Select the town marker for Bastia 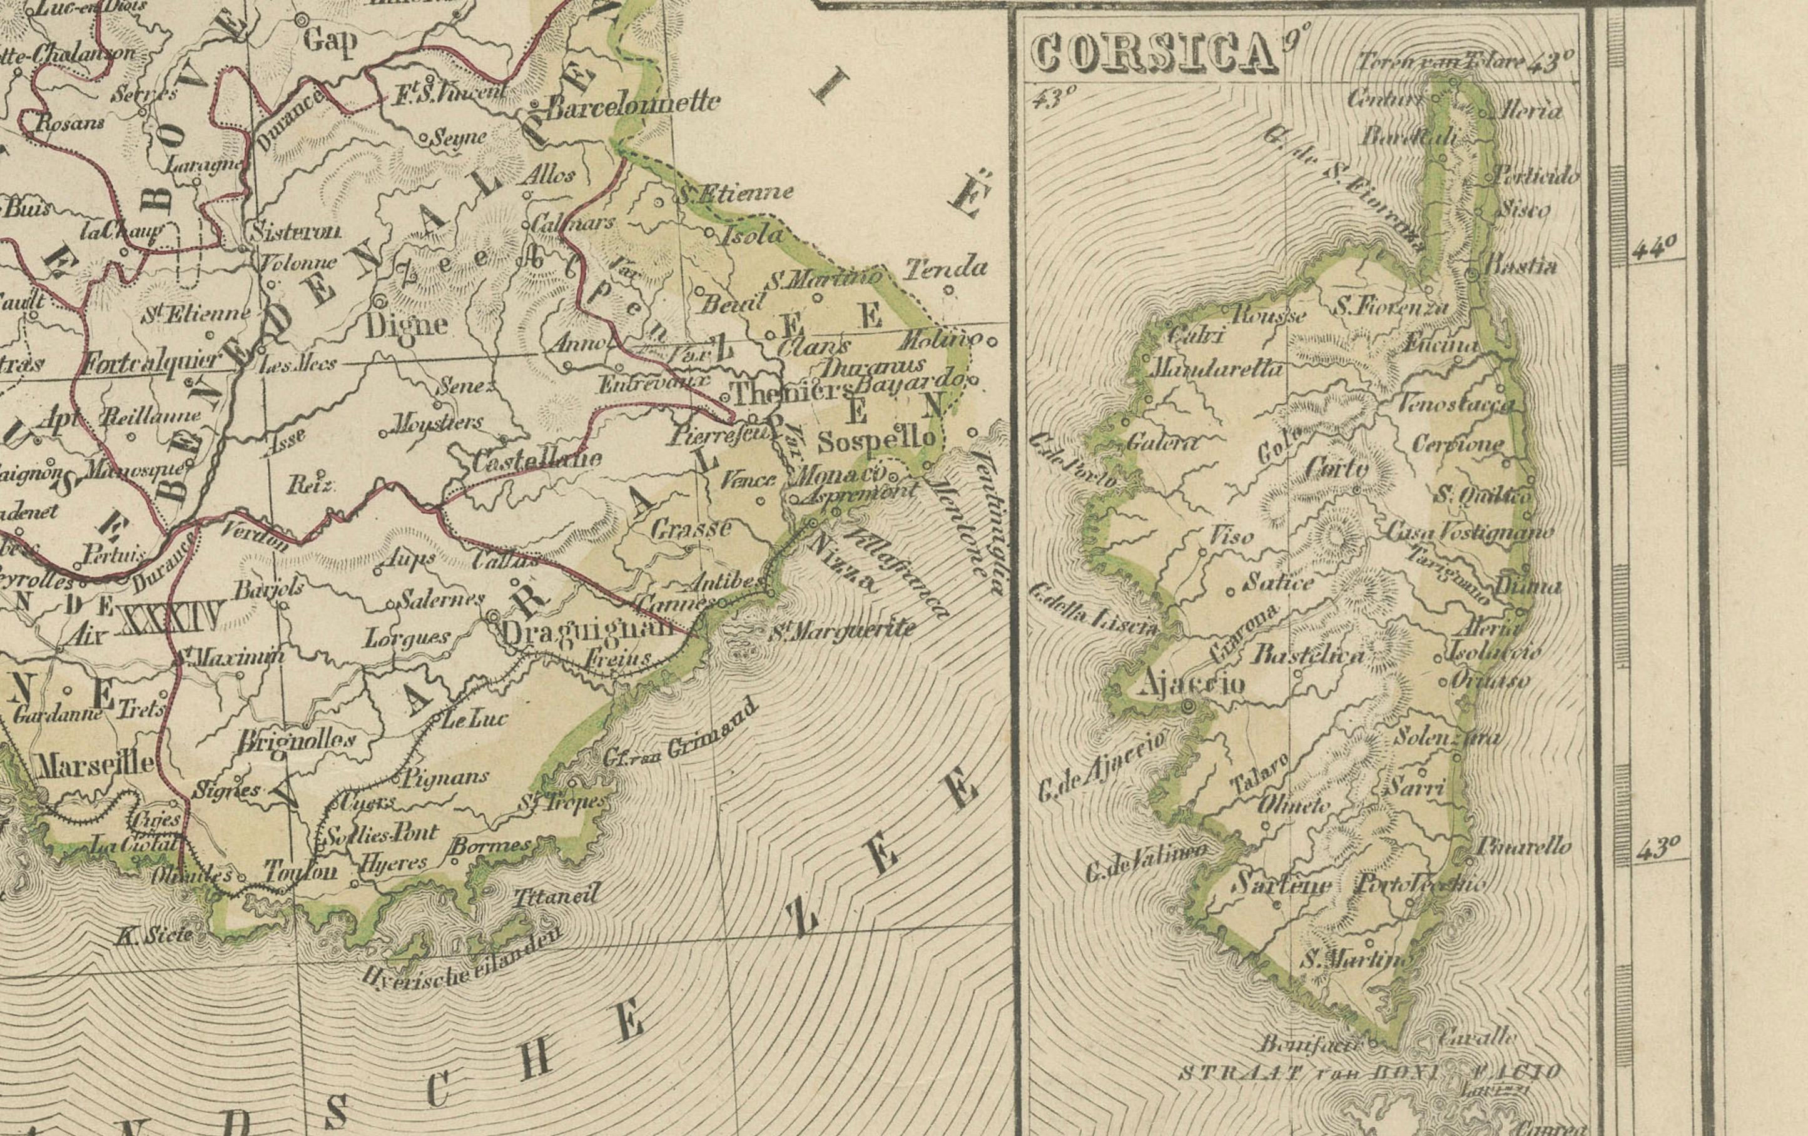tap(1473, 275)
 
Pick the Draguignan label tap(586, 630)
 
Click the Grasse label tap(691, 529)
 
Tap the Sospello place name tap(877, 441)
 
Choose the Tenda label tap(945, 267)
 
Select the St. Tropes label tap(561, 803)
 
